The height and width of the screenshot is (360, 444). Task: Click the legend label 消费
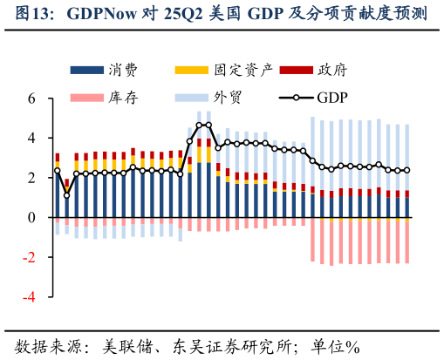[125, 70]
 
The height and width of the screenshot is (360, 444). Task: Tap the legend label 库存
[125, 97]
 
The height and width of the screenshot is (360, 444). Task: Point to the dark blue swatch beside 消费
[87, 70]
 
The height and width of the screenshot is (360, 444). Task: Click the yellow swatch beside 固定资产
[192, 70]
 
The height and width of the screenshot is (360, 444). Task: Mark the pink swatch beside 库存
[87, 97]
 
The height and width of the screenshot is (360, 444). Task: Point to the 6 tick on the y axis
[31, 98]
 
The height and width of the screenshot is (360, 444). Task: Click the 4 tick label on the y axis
[31, 138]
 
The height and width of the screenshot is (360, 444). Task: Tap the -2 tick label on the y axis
[29, 257]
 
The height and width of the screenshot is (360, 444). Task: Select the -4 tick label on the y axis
[29, 296]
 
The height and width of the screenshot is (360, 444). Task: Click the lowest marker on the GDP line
[67, 194]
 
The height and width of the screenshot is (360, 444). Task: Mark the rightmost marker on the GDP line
[406, 171]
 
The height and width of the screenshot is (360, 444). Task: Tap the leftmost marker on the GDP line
[58, 171]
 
